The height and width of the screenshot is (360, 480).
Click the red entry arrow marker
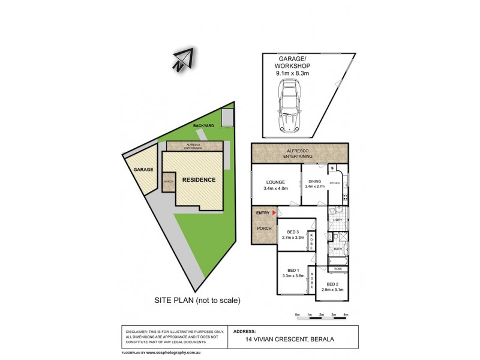tap(274, 212)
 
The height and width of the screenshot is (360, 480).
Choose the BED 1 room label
tap(293, 270)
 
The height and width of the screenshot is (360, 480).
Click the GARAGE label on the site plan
tap(144, 170)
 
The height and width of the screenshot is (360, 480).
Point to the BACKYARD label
tap(203, 125)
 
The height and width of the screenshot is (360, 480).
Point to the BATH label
tap(337, 248)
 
